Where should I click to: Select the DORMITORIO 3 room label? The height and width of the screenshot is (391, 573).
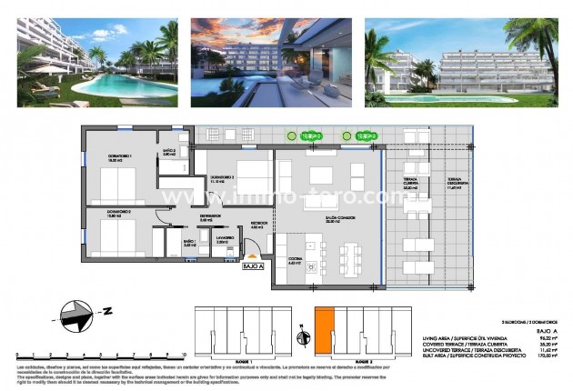pyautogui.click(x=224, y=179)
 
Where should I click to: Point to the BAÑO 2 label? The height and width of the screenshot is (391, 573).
pyautogui.click(x=168, y=152)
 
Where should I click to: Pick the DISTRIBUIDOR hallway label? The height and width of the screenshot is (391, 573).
pyautogui.click(x=207, y=217)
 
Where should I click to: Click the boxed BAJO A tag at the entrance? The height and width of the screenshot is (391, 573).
pyautogui.click(x=253, y=267)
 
